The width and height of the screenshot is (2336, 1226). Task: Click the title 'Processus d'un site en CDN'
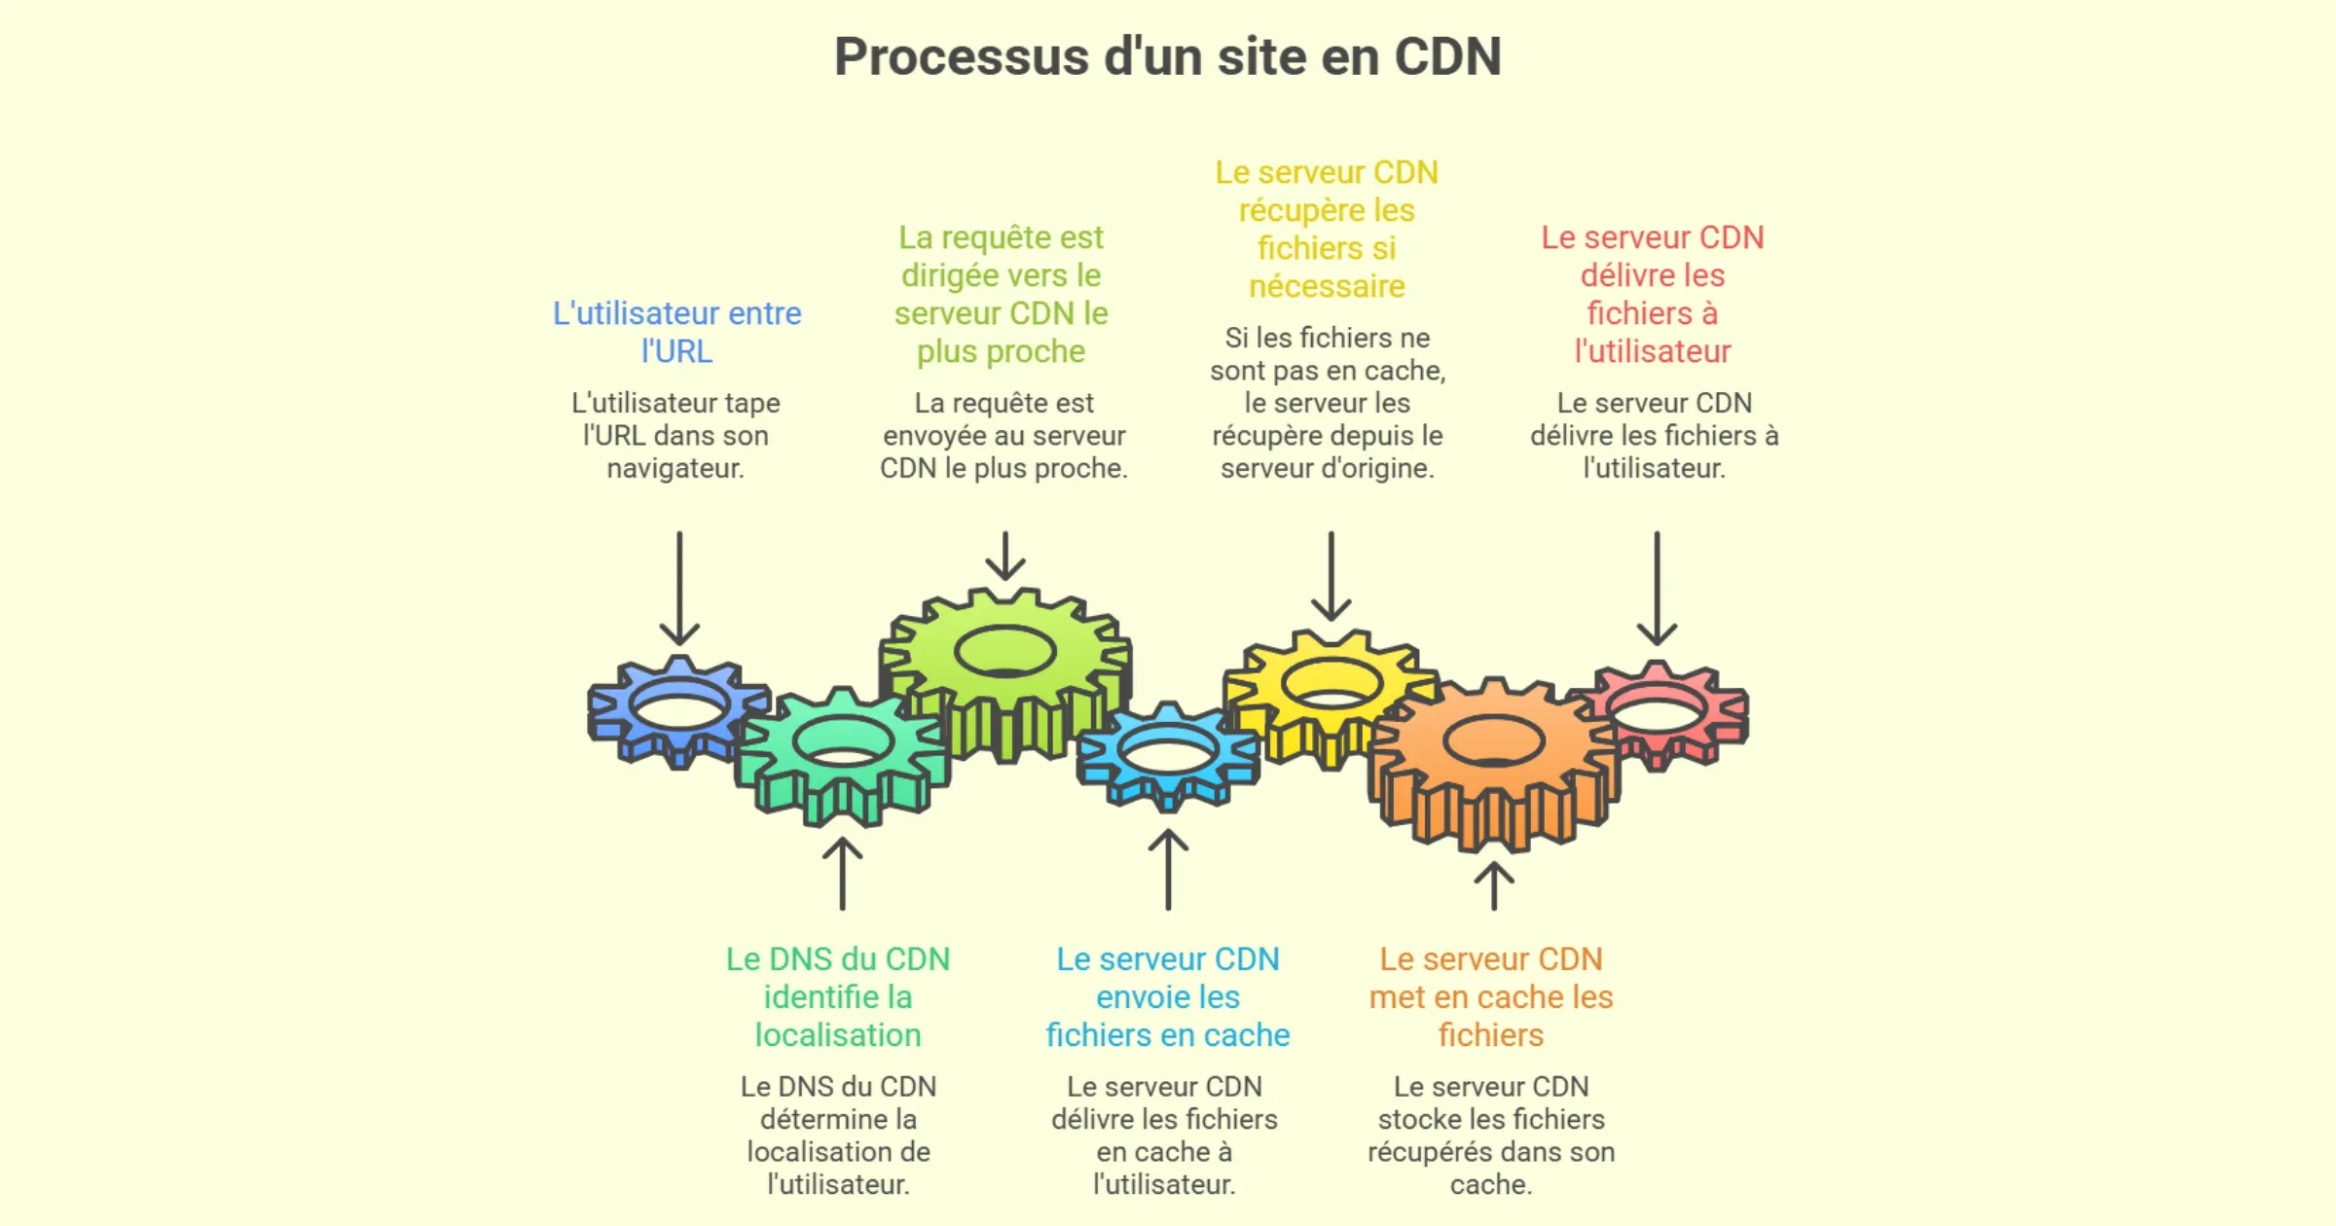(1167, 56)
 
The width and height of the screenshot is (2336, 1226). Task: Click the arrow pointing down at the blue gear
(679, 589)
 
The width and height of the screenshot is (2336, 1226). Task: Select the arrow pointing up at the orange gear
(1494, 885)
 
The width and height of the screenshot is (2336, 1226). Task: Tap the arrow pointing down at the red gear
(1657, 589)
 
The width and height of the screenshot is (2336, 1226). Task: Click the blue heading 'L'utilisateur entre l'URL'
(677, 332)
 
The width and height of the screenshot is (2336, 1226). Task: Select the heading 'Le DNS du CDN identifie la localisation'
(838, 996)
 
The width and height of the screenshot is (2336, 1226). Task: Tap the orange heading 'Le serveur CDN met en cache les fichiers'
(1491, 996)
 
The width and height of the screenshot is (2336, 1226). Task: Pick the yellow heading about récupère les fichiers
(1327, 229)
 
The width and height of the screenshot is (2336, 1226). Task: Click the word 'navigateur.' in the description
(675, 468)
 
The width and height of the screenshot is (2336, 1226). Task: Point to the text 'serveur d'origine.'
(1328, 468)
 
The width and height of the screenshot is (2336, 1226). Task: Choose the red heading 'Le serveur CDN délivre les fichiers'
(1653, 294)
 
